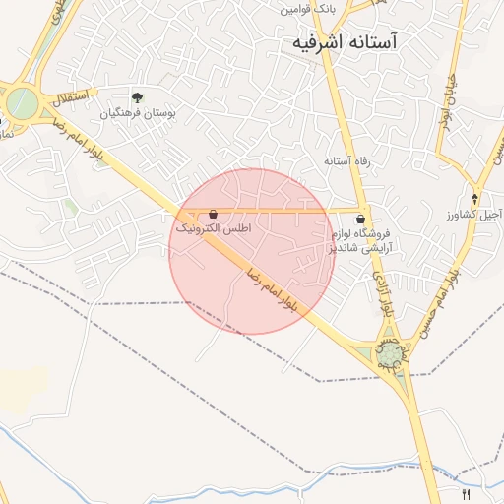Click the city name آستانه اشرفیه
[x=351, y=42]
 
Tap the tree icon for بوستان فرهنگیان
[x=137, y=97]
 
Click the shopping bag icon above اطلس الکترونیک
[x=214, y=213]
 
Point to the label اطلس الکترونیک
[x=214, y=228]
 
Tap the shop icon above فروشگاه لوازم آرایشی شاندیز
[x=360, y=219]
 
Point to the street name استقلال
[x=71, y=98]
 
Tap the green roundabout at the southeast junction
[x=392, y=352]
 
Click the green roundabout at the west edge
[x=21, y=101]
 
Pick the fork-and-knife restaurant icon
[x=466, y=494]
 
